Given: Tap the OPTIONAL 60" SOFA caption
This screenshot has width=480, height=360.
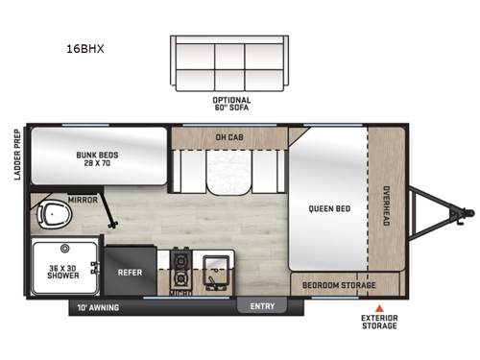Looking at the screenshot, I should point(231,104).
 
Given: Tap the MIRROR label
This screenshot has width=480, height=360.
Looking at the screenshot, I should point(82,201).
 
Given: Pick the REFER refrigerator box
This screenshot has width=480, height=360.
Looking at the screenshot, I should point(130,272).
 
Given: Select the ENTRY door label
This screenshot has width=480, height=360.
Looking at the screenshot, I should point(262,307).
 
